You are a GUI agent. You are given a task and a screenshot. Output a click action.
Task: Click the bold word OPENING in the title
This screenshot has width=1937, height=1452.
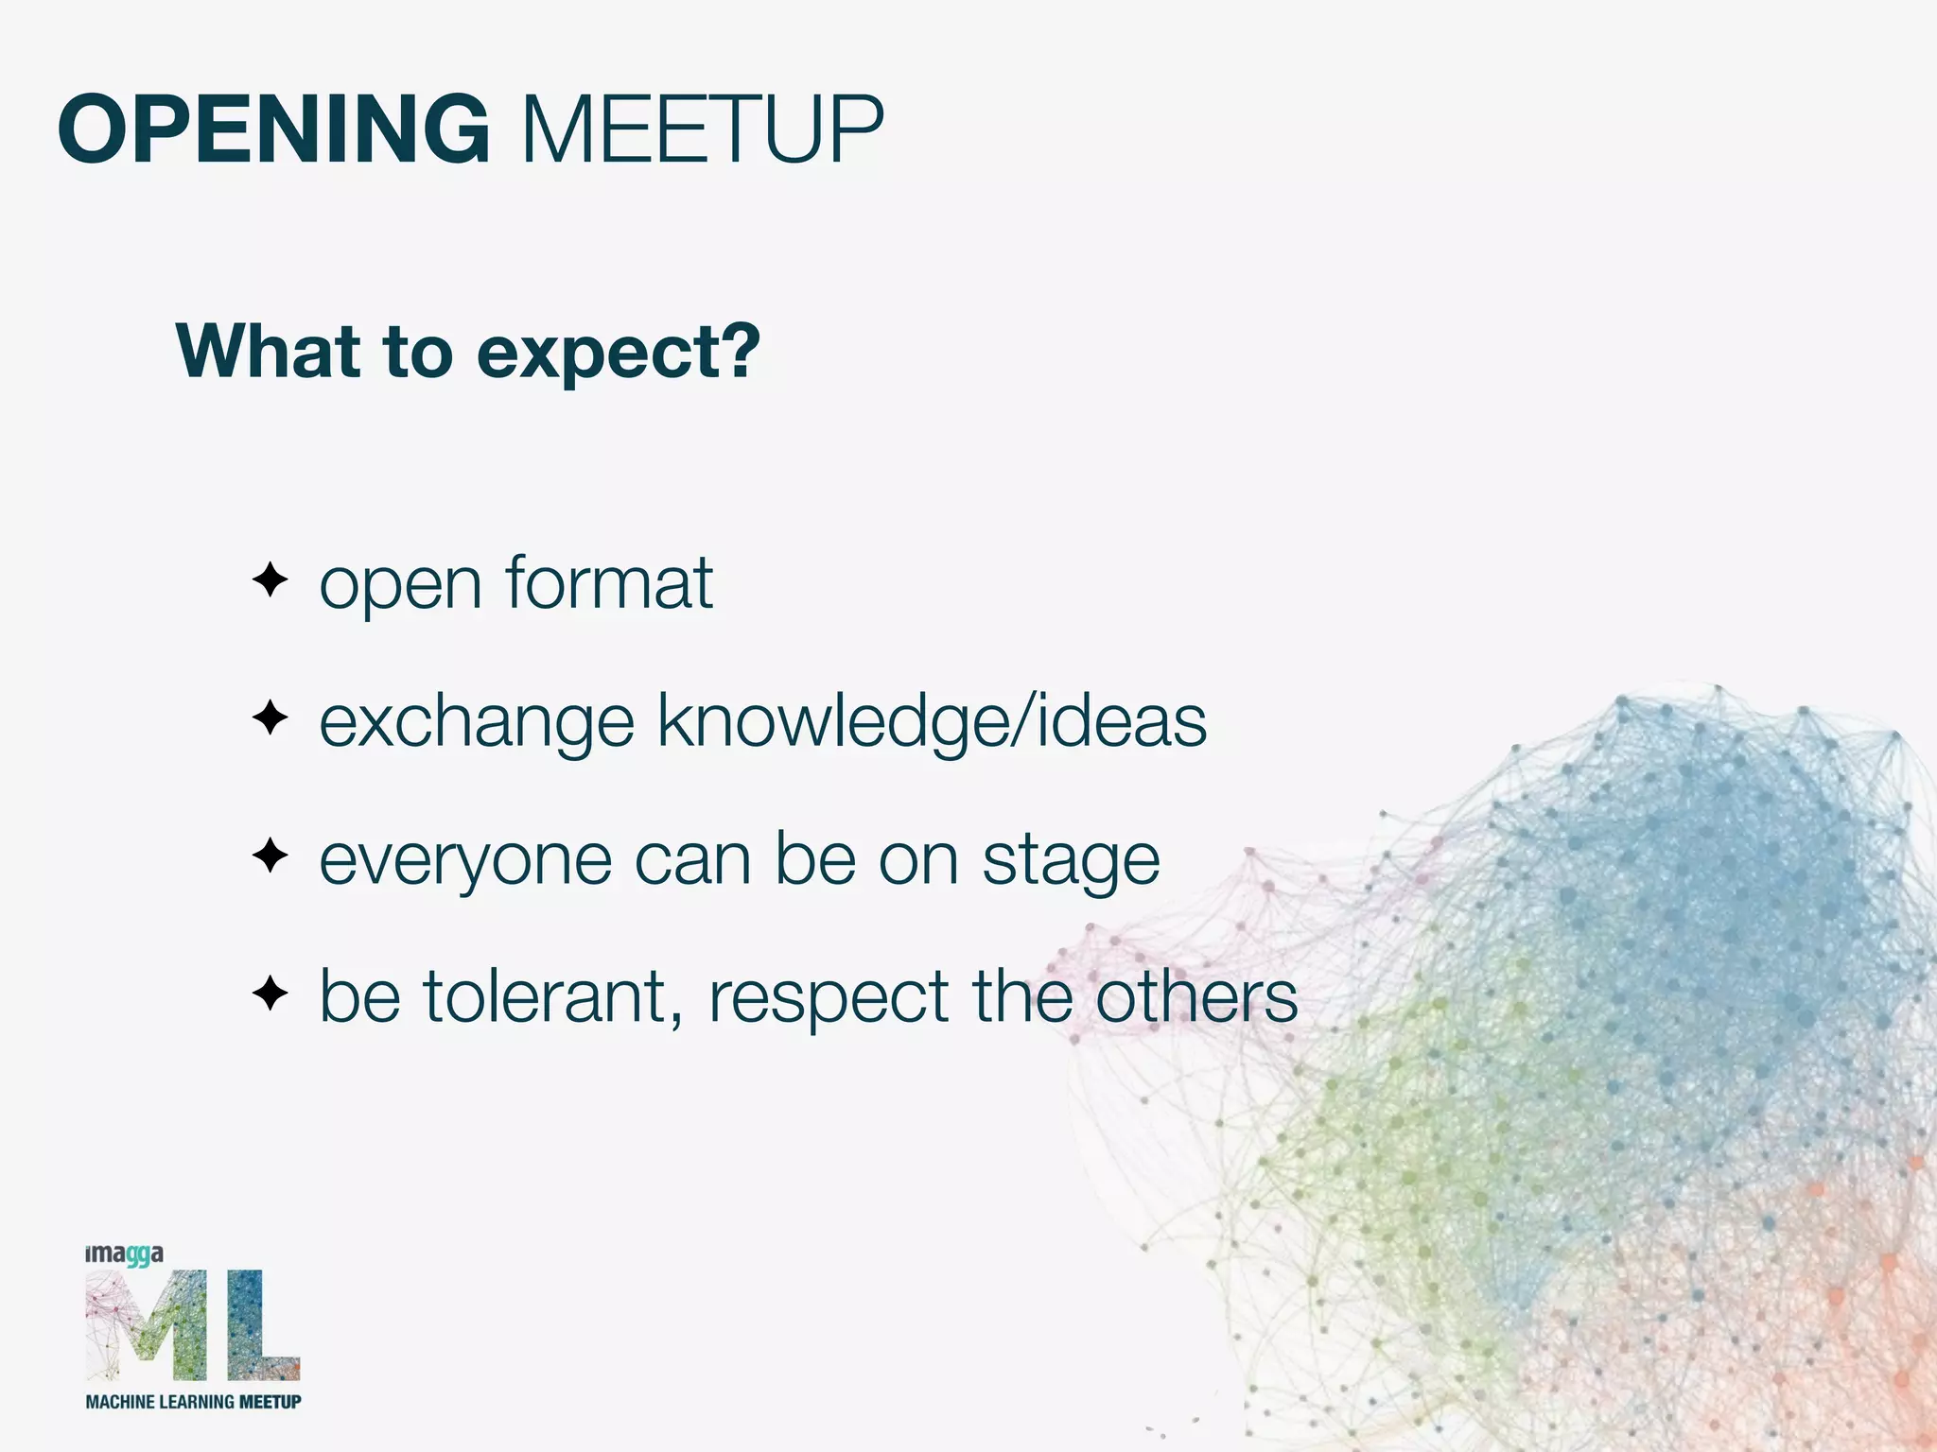274,130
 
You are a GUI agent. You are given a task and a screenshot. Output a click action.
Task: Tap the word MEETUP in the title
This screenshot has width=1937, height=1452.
702,130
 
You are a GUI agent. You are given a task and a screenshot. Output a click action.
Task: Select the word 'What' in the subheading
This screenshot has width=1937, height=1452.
269,352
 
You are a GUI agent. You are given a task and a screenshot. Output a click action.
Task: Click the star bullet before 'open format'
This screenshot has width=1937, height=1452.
270,579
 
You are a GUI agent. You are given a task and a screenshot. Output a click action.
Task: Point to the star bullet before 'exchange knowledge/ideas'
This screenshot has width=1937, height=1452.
270,718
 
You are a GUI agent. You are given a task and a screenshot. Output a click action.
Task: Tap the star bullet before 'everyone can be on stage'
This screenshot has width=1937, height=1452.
270,856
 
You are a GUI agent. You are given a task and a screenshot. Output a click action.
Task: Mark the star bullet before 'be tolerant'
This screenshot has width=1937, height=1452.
270,994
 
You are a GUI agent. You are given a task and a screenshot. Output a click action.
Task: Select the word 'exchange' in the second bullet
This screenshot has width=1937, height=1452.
477,723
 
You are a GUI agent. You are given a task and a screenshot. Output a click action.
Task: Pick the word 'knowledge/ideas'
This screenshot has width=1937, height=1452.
932,723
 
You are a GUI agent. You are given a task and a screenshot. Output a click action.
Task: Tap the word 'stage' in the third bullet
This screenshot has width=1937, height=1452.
1071,862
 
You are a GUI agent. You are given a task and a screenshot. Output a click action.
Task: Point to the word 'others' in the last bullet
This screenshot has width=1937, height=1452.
1196,997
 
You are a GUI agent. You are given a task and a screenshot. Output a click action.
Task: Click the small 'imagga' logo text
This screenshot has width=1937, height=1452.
124,1255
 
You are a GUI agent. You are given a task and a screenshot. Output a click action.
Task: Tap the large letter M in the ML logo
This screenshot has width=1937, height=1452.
147,1325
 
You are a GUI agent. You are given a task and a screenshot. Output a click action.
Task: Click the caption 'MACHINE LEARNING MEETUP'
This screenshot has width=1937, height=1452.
193,1402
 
